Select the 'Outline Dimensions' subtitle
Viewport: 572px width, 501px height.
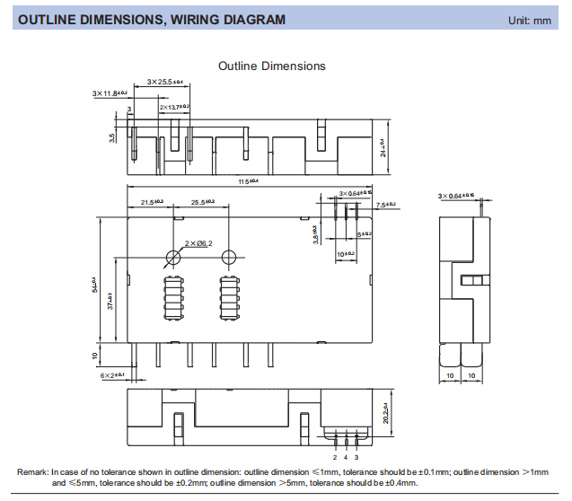point(272,66)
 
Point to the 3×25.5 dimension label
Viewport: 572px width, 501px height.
point(165,82)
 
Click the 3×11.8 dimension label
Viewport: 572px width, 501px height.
point(110,92)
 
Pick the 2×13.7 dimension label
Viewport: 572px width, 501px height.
point(174,107)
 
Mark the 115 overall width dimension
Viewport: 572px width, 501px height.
point(247,182)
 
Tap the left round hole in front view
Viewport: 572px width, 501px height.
point(173,258)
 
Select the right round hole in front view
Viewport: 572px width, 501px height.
point(229,258)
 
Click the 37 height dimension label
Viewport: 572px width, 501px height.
point(110,300)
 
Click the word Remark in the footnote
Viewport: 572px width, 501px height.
point(33,472)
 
